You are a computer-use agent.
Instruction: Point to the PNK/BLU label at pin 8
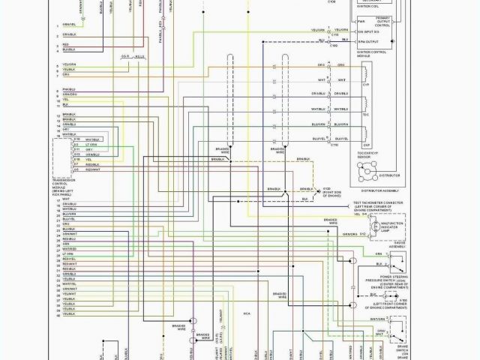[70, 90]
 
